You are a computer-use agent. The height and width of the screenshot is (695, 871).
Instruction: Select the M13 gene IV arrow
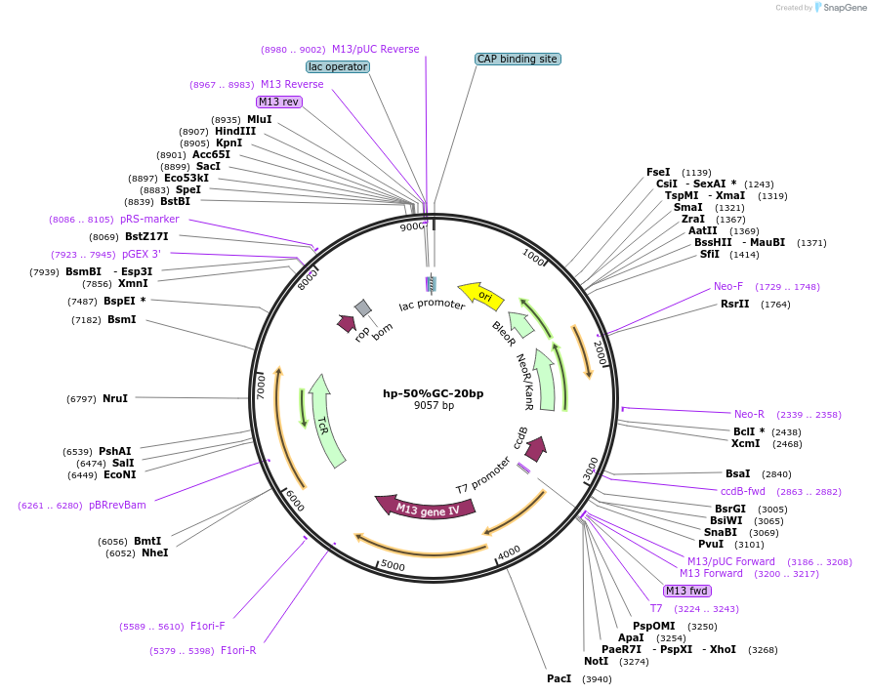427,508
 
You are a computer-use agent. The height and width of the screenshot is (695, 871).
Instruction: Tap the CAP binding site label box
518,59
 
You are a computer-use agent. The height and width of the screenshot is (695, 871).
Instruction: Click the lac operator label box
337,66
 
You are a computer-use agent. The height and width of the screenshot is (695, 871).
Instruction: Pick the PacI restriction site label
559,678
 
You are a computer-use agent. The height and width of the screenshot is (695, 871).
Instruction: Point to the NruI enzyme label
115,398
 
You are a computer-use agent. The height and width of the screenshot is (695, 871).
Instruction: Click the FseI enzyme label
658,172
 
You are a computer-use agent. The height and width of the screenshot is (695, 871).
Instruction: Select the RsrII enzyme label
734,305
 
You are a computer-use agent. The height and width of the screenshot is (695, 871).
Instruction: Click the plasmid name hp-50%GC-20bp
433,393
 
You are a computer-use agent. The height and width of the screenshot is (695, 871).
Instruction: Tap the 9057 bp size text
434,405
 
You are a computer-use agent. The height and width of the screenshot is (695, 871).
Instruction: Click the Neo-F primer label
728,287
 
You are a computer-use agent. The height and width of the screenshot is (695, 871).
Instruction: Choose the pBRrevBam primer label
117,505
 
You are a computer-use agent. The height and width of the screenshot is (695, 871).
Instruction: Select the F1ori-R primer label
238,650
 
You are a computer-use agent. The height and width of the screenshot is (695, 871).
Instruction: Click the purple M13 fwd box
687,591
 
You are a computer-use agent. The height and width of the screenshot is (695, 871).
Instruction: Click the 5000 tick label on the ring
393,565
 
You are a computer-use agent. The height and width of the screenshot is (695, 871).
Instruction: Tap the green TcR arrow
326,420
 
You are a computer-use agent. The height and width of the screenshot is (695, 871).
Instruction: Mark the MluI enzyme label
259,119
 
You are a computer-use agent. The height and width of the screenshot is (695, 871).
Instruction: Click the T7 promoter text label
483,474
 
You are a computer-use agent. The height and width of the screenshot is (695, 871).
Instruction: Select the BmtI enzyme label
147,541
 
